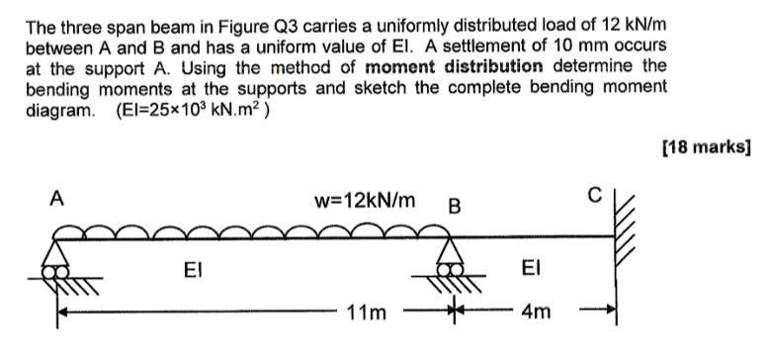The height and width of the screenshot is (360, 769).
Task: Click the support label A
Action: pyautogui.click(x=56, y=199)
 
